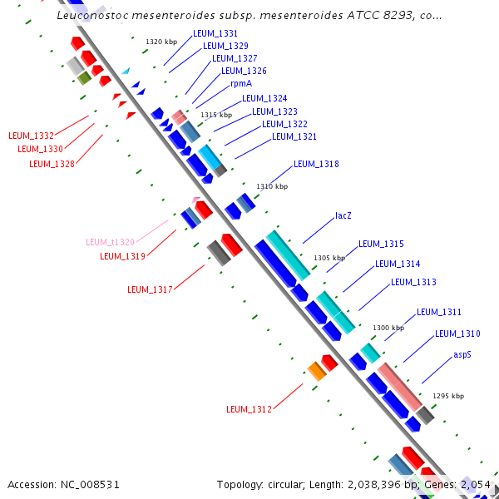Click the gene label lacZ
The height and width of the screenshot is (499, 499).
(343, 215)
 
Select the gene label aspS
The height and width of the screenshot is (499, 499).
(462, 354)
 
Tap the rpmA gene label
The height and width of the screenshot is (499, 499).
(241, 83)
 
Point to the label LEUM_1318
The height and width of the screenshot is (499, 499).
(316, 165)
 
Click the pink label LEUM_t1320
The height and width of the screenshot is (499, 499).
(110, 242)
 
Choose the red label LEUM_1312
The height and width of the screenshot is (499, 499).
(249, 409)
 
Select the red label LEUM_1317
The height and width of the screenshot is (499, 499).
(150, 289)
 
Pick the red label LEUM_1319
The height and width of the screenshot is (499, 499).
(122, 256)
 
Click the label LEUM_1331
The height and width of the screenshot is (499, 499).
(215, 33)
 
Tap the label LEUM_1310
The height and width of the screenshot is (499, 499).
(457, 333)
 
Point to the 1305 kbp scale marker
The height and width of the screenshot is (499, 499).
(329, 258)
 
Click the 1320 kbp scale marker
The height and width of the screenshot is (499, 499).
(161, 42)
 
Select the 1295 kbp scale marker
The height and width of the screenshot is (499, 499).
(448, 396)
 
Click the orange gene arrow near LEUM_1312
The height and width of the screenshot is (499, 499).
(317, 370)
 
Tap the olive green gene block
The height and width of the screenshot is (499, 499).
(84, 78)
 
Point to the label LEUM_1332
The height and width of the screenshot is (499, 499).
(31, 136)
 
